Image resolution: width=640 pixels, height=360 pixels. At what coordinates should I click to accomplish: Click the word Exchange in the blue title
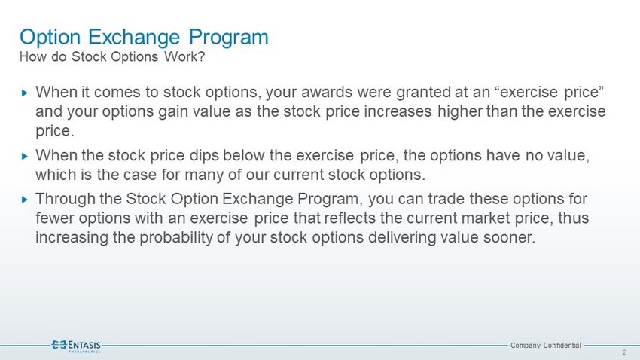coord(134,37)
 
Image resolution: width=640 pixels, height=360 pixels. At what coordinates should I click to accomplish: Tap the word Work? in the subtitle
coord(184,56)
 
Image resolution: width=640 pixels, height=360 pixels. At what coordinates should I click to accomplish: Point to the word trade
coord(446,199)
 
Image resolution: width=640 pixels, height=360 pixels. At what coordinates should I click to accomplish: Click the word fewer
coord(55,218)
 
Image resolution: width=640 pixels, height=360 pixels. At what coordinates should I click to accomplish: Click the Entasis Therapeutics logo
coord(76,346)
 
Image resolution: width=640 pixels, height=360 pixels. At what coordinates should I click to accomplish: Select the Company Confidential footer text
coord(546,346)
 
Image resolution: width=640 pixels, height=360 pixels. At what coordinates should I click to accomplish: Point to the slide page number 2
coord(624,352)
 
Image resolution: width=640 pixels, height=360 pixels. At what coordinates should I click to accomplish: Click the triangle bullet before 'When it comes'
coord(25,93)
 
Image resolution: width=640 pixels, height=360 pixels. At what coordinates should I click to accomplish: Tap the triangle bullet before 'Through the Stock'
coord(25,200)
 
